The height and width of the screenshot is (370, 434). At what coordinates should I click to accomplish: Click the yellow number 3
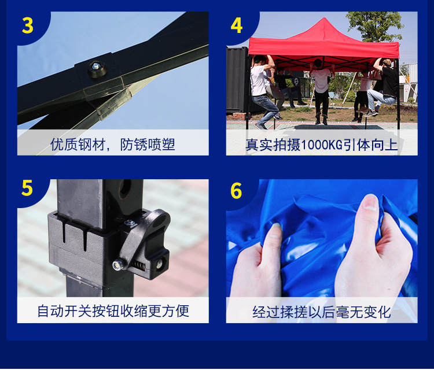[x=28, y=25]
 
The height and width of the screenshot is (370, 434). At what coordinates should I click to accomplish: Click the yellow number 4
[x=237, y=25]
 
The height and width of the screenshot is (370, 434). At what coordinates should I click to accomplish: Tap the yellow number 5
[x=27, y=188]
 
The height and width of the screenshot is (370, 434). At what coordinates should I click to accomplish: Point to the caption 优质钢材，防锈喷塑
[x=113, y=144]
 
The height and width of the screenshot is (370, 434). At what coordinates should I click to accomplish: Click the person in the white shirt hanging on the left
[x=262, y=87]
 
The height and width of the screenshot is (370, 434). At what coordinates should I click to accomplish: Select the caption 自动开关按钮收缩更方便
[x=113, y=311]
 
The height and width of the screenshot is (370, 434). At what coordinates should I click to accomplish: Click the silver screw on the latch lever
[x=118, y=264]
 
